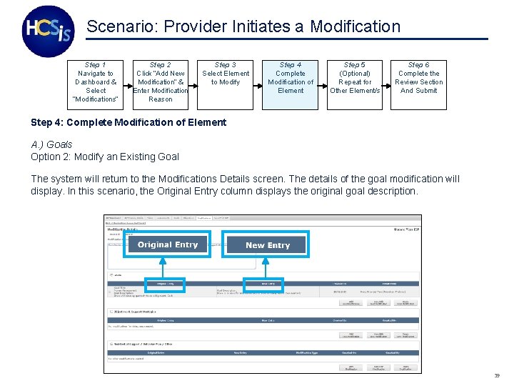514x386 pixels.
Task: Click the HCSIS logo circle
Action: (x=48, y=31)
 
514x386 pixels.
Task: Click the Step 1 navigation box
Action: (x=96, y=82)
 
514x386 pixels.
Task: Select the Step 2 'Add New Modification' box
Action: (x=161, y=82)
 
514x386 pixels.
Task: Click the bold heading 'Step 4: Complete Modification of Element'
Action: (x=128, y=122)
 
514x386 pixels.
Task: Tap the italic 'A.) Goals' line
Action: (x=51, y=144)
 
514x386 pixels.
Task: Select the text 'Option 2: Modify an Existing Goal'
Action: (x=105, y=157)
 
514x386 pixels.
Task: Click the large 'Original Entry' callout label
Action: (x=168, y=244)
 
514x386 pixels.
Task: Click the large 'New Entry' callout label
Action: (x=268, y=244)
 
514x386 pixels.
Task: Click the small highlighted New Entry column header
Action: (x=263, y=284)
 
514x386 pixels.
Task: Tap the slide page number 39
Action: (x=496, y=375)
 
